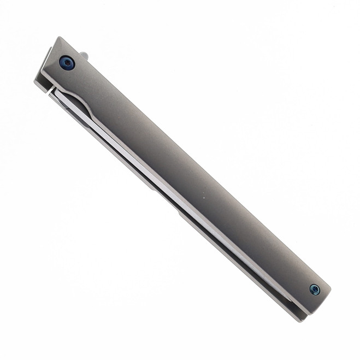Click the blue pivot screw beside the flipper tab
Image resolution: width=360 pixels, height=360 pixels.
coord(67,63)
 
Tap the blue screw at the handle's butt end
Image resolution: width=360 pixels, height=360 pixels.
coord(315,289)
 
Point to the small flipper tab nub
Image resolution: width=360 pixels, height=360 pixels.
coord(84,55)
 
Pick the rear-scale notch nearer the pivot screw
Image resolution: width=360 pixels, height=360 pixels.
coord(153,186)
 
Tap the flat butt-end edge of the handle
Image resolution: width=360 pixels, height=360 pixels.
coord(320,303)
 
